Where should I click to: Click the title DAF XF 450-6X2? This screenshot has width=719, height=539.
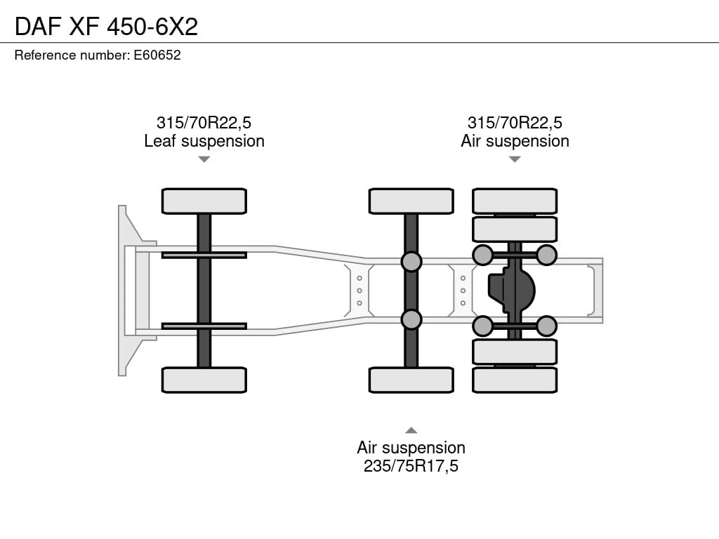(x=107, y=26)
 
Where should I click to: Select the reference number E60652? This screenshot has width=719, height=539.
(x=157, y=55)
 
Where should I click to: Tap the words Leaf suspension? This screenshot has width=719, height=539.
(x=204, y=141)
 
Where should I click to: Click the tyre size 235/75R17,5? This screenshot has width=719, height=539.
(x=411, y=466)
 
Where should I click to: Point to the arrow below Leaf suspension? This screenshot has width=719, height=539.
(x=204, y=159)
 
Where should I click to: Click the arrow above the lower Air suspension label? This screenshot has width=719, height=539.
(x=411, y=430)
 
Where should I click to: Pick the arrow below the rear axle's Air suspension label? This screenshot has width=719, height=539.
(x=515, y=159)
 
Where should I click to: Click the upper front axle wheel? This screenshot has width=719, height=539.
(x=204, y=201)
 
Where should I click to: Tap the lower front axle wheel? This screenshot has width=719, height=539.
(x=204, y=380)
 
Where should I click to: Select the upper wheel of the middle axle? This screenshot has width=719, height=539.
(x=411, y=201)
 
